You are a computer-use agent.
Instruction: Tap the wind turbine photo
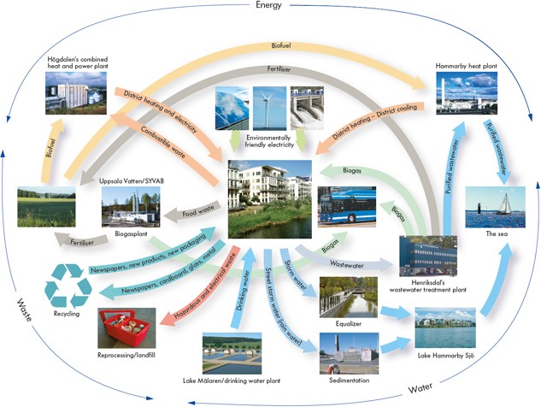coord(270,107)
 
